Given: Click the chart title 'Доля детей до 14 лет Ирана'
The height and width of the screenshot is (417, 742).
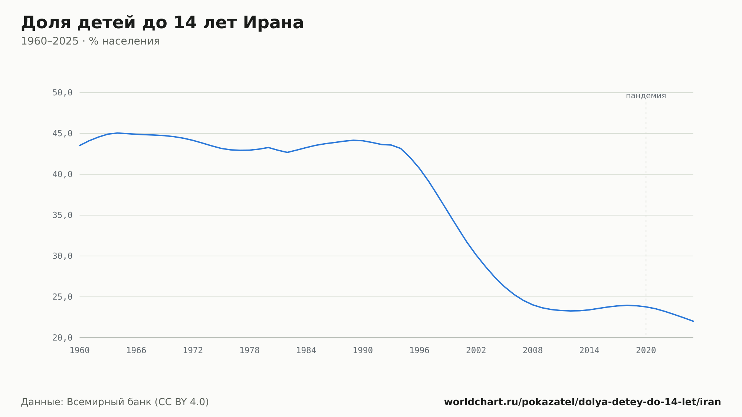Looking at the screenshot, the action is pyautogui.click(x=162, y=23).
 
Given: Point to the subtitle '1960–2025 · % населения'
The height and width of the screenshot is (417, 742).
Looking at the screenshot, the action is pyautogui.click(x=90, y=41).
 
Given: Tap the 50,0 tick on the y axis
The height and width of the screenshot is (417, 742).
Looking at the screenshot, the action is pyautogui.click(x=62, y=93).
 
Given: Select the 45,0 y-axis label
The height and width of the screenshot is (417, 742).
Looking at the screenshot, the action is pyautogui.click(x=62, y=134).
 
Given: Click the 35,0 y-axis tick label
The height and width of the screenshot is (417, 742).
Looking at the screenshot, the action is pyautogui.click(x=62, y=215).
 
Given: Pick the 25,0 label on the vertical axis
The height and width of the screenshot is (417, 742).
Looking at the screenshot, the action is pyautogui.click(x=62, y=297).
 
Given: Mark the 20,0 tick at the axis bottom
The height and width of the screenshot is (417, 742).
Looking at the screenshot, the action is pyautogui.click(x=62, y=338).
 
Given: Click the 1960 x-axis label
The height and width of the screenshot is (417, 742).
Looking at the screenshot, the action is pyautogui.click(x=80, y=351).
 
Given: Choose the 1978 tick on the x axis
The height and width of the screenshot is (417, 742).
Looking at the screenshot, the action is pyautogui.click(x=250, y=351).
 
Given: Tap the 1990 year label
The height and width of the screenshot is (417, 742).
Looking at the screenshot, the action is pyautogui.click(x=363, y=351).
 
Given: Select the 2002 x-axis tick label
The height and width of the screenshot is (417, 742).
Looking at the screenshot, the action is pyautogui.click(x=476, y=351).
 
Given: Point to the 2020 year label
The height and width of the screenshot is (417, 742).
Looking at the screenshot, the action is pyautogui.click(x=646, y=351).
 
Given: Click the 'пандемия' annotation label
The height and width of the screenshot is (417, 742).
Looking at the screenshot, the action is pyautogui.click(x=646, y=96).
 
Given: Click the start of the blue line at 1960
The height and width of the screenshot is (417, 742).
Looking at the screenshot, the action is pyautogui.click(x=80, y=145).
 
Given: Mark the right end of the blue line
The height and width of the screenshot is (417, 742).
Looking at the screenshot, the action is pyautogui.click(x=693, y=321).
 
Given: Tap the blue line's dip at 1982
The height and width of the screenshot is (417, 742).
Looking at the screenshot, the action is pyautogui.click(x=287, y=152).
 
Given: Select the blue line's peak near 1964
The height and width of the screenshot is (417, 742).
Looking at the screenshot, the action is pyautogui.click(x=117, y=133).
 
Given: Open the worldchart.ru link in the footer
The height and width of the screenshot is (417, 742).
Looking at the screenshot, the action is pyautogui.click(x=582, y=402).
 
